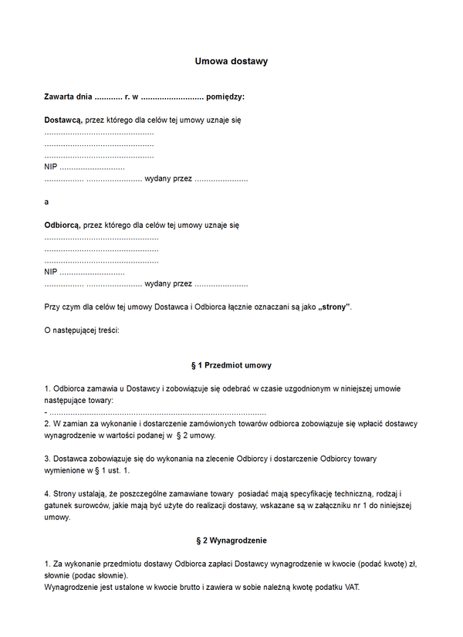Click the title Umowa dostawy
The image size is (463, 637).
(x=231, y=61)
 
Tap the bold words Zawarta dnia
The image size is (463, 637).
(x=68, y=97)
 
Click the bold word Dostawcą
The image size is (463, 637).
(x=63, y=121)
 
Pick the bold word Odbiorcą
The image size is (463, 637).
(x=63, y=225)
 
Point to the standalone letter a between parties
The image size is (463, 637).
(x=47, y=202)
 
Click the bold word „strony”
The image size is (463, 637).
(x=333, y=307)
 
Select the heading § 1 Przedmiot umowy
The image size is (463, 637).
(x=231, y=365)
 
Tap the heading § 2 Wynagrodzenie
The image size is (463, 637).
(x=231, y=540)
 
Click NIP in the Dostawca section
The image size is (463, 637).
(x=51, y=168)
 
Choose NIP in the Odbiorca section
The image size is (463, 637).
(x=51, y=272)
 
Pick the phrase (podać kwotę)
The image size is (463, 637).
(x=374, y=564)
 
